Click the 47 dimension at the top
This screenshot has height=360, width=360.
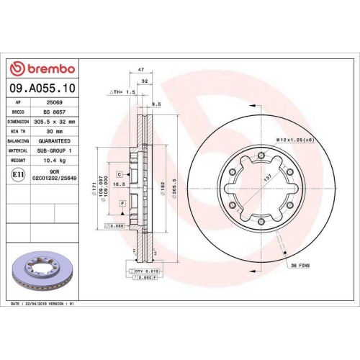point(141,70)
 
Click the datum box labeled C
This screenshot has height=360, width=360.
point(118,174)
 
